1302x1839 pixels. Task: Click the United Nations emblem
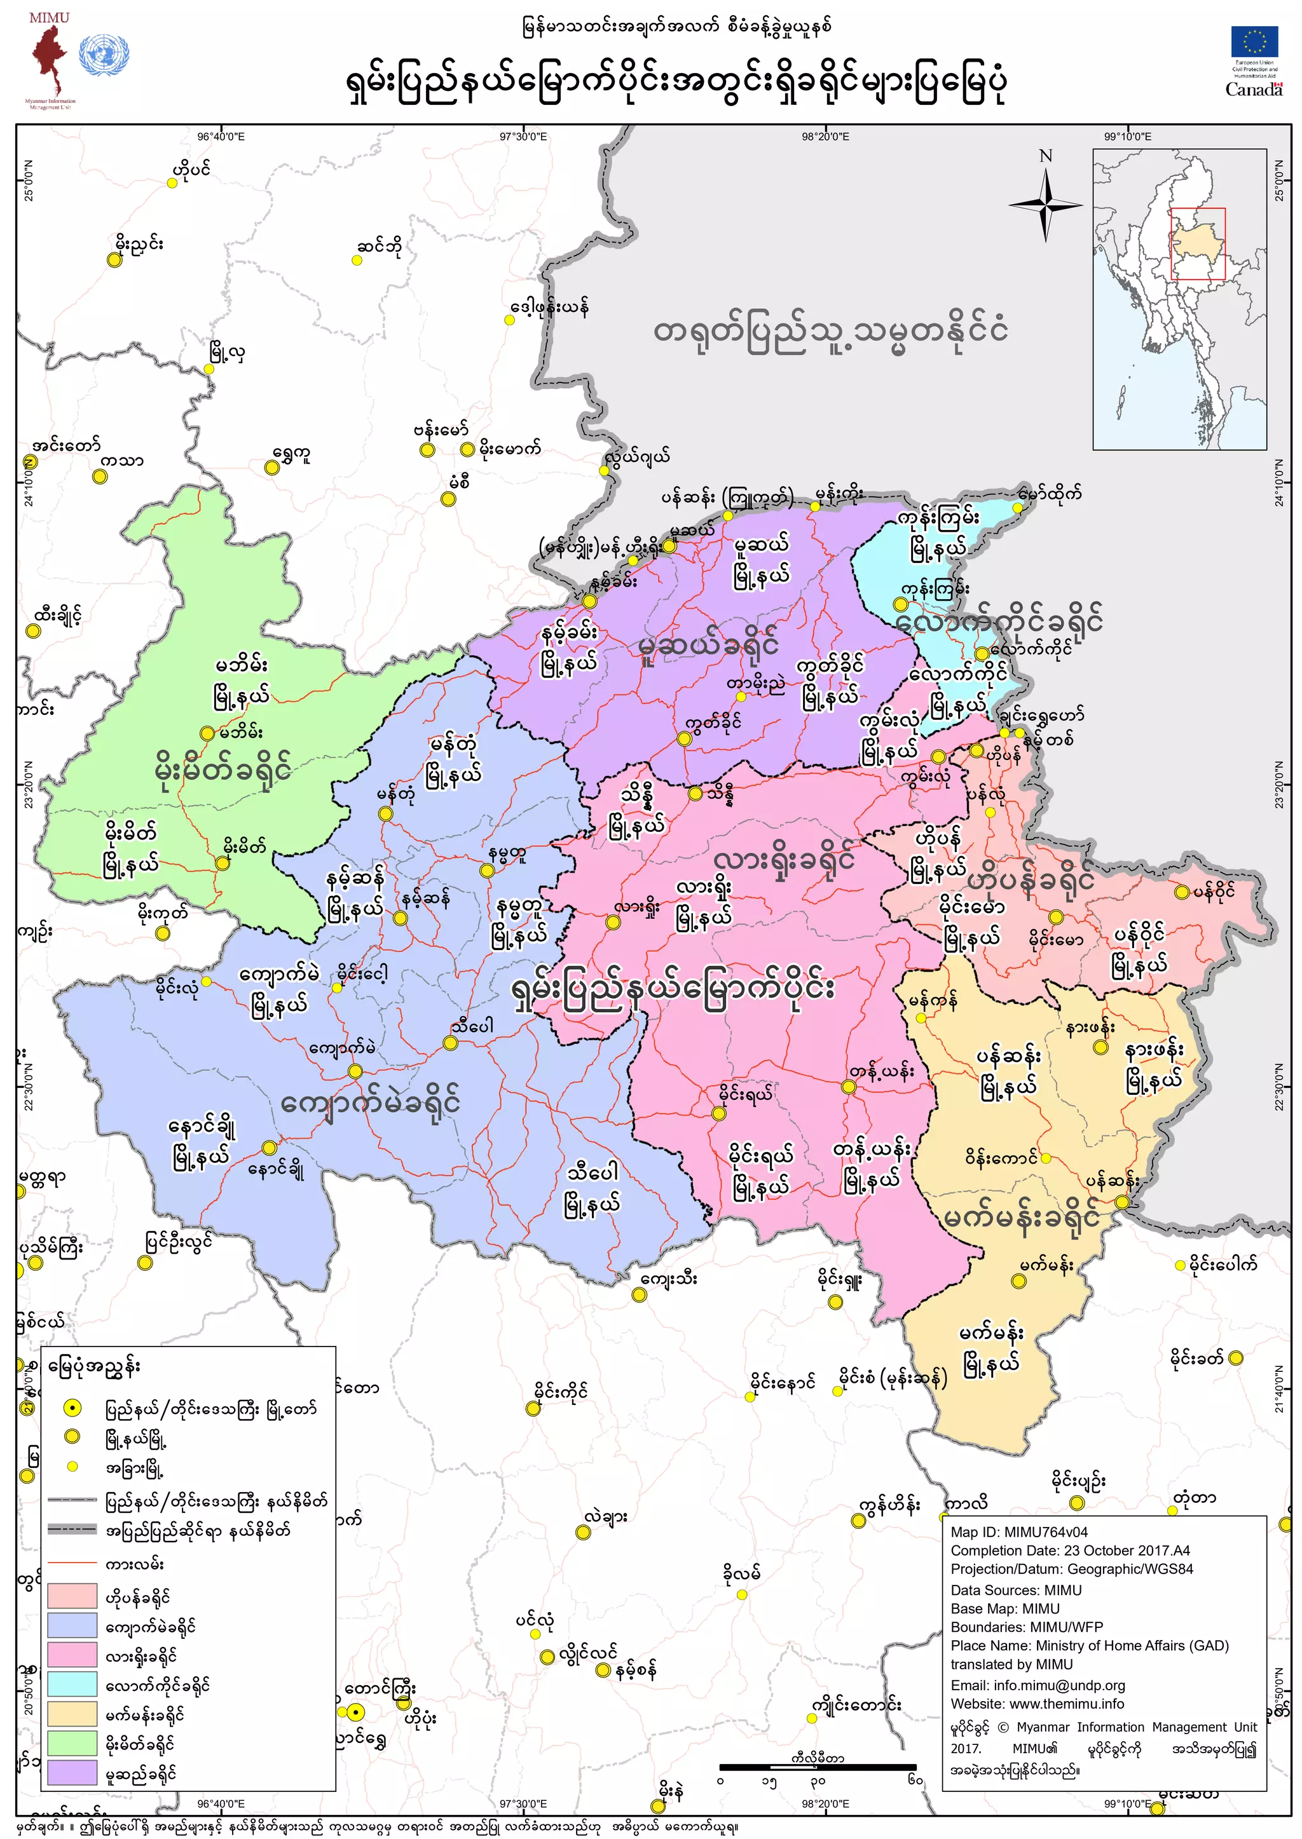point(104,55)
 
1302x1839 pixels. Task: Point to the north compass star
point(1045,205)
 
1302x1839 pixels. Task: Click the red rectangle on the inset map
point(1198,243)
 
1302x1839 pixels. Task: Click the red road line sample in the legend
point(71,1563)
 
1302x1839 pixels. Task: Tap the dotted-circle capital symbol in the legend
point(72,1408)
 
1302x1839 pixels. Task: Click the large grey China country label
point(830,331)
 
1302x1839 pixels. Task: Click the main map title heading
point(675,83)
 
